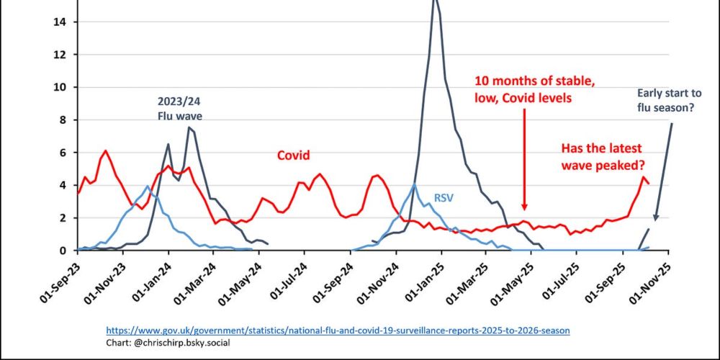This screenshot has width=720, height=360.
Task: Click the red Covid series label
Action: (294, 155)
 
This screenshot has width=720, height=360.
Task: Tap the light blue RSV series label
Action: (444, 198)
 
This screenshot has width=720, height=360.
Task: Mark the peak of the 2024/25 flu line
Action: (435, 2)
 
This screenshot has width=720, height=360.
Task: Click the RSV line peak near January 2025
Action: (414, 184)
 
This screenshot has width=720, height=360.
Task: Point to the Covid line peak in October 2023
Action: (106, 150)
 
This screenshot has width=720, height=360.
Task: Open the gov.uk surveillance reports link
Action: (338, 330)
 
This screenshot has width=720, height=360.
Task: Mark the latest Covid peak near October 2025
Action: (643, 176)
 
